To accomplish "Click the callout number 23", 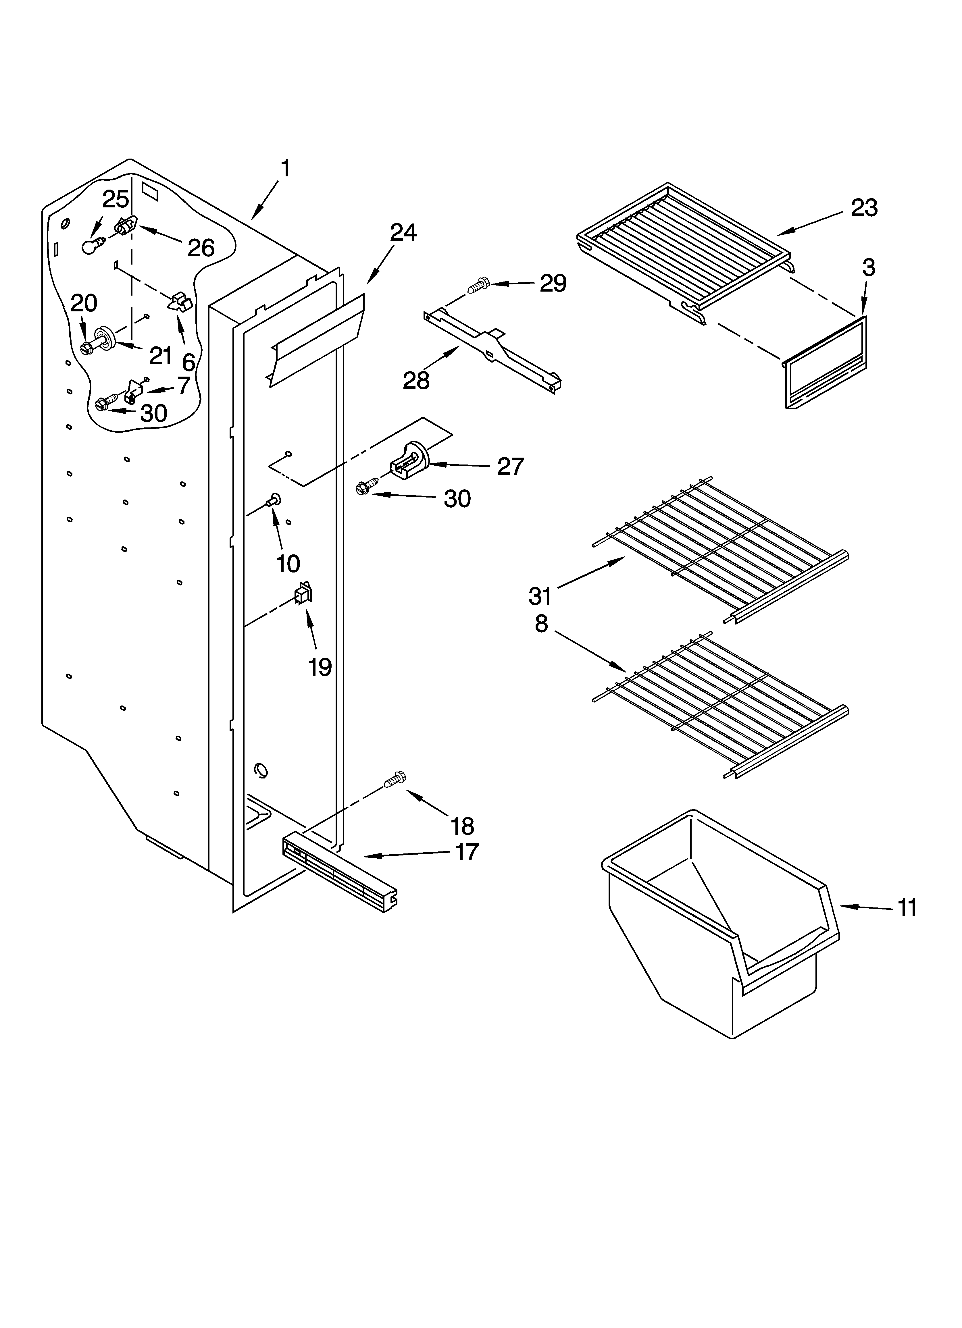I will click(x=864, y=208).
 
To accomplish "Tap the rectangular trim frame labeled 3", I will click(x=826, y=363).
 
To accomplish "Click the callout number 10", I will click(x=288, y=563).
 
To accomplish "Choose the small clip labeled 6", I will click(x=180, y=302).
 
